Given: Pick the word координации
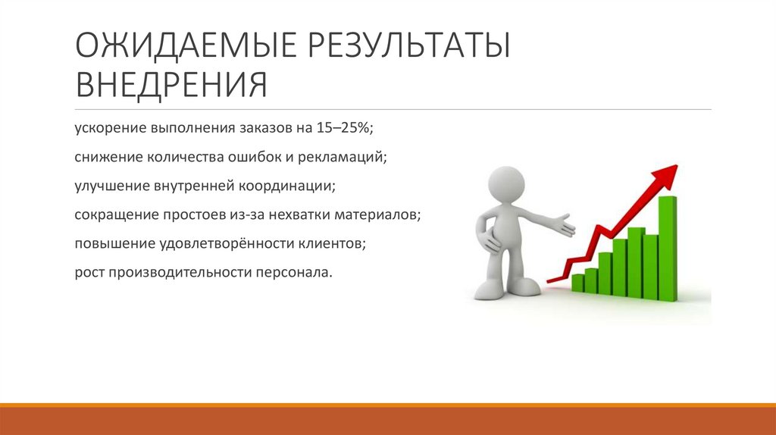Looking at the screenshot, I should coord(290,186).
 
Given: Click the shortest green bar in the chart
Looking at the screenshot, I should coord(577,283).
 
